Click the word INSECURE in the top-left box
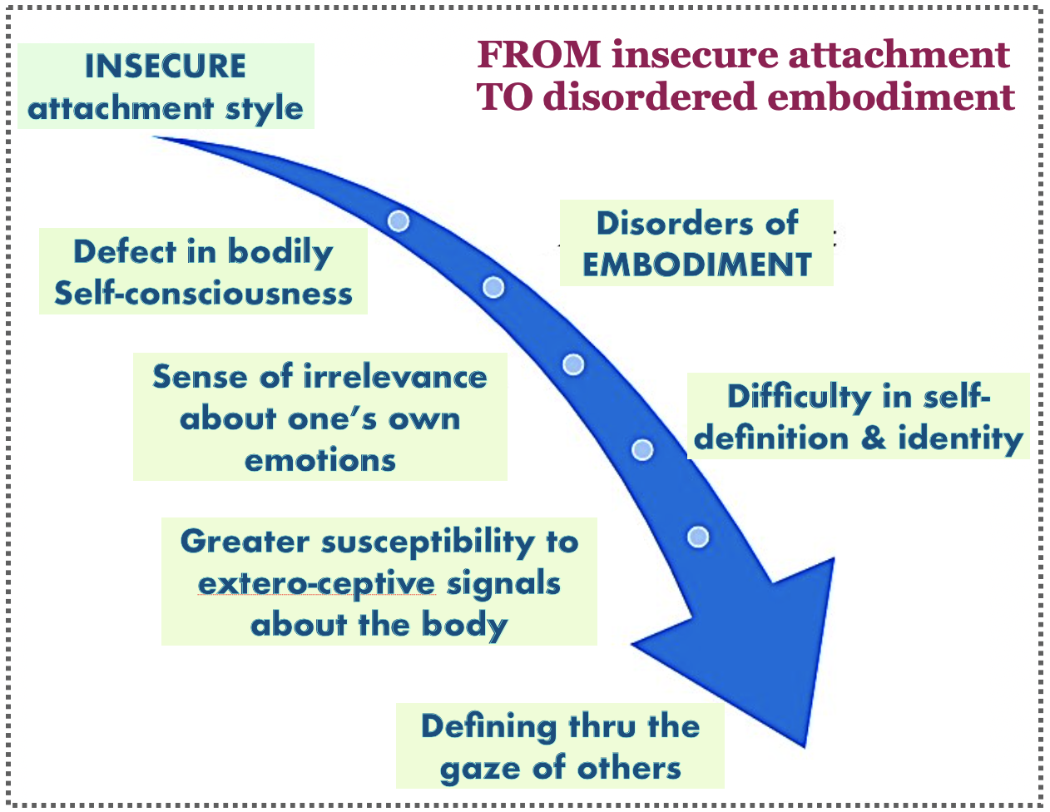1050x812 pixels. [x=165, y=67]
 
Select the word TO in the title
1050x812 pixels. [x=503, y=97]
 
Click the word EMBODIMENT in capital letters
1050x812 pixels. [x=696, y=265]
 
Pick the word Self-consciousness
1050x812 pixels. [x=203, y=294]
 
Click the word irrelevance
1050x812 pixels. [x=394, y=377]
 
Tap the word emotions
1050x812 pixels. [x=320, y=460]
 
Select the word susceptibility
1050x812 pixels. [x=427, y=542]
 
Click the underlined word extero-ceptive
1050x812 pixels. [x=316, y=584]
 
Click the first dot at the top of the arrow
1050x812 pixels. [x=399, y=220]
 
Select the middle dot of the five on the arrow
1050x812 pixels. [x=573, y=364]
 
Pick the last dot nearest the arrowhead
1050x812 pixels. [x=698, y=537]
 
